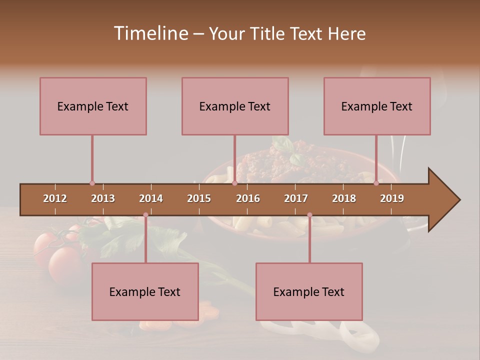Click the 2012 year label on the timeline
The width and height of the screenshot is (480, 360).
click(x=55, y=198)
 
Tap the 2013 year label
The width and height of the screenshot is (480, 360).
click(x=103, y=198)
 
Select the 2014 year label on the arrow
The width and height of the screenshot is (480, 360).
click(x=151, y=198)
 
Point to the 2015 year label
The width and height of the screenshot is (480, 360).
click(x=199, y=198)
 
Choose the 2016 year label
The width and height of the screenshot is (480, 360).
click(x=248, y=198)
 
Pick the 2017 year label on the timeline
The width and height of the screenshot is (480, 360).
click(x=296, y=198)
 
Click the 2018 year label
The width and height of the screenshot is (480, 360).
click(x=344, y=198)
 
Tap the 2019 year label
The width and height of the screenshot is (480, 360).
click(x=392, y=198)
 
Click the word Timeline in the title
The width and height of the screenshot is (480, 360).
click(x=150, y=33)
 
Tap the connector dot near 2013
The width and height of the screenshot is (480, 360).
click(x=92, y=183)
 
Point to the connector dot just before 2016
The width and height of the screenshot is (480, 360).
click(x=234, y=183)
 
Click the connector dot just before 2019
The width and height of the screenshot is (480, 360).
click(x=376, y=183)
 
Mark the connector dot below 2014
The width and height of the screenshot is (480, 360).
click(x=145, y=215)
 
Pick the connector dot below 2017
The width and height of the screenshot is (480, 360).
click(x=309, y=215)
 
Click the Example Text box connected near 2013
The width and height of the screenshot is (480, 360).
click(x=93, y=106)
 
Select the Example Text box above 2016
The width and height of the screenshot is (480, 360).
click(x=235, y=106)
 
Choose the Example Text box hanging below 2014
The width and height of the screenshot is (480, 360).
click(x=145, y=291)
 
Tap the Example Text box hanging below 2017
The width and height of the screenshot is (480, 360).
click(x=309, y=291)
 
